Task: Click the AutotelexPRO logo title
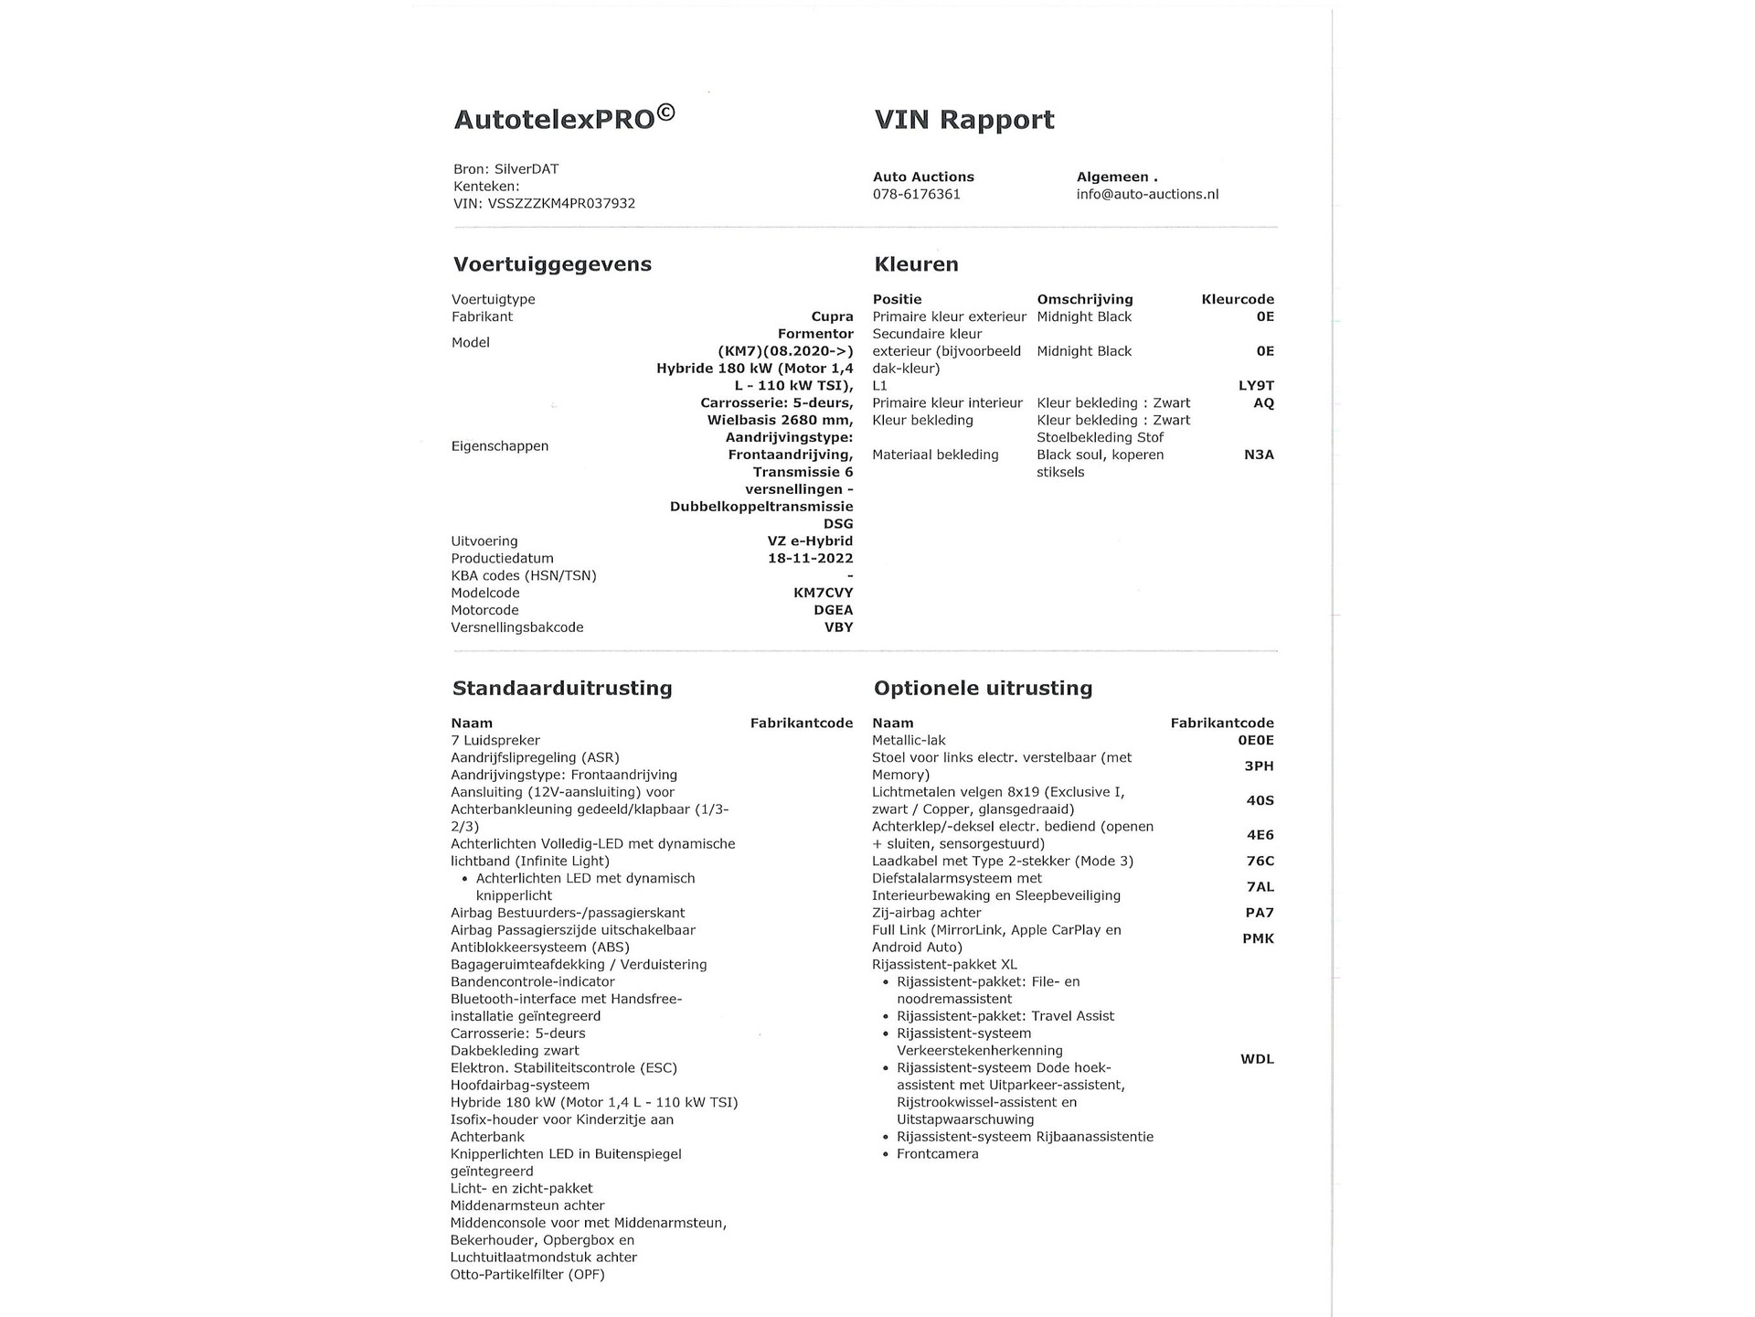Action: pos(564,119)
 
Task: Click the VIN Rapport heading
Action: pos(963,120)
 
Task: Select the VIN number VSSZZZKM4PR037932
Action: pos(561,203)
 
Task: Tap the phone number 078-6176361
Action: pos(916,194)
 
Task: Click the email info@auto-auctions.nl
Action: pos(1147,194)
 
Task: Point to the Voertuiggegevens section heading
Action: pos(552,264)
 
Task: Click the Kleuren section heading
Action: pos(916,264)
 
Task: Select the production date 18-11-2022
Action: pos(810,558)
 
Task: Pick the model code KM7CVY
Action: pos(823,593)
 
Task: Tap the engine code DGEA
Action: pos(833,610)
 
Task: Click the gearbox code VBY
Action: pos(838,627)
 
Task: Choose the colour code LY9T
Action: pos(1255,385)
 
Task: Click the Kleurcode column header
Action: pos(1237,299)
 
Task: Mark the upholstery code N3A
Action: pos(1258,455)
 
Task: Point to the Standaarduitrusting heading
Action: pos(562,688)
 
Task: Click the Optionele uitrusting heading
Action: pos(983,688)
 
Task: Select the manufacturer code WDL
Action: pos(1257,1059)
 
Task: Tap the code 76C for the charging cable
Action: pos(1260,861)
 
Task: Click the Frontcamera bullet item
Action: pos(937,1153)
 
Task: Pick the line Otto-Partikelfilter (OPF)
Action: pos(527,1274)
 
